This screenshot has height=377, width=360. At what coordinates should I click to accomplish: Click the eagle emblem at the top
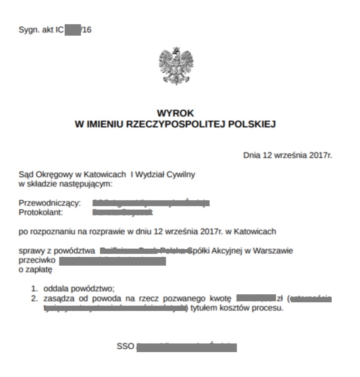176,66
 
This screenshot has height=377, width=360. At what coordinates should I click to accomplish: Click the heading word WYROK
175,113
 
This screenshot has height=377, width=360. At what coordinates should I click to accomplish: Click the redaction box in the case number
73,30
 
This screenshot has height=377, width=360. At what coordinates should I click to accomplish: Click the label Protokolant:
41,212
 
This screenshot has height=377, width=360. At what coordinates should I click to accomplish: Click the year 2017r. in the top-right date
321,155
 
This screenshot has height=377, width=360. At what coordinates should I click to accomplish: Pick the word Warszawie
273,250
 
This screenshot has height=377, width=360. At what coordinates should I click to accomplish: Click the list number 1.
34,288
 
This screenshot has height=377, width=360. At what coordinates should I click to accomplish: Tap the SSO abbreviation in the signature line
125,346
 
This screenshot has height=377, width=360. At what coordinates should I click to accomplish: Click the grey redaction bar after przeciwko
112,261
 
